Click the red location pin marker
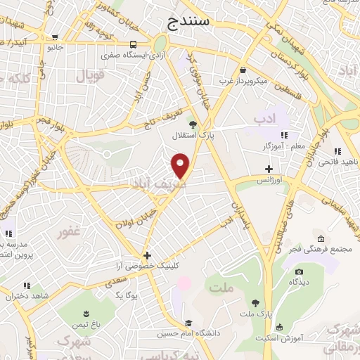click(181, 165)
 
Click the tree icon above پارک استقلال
click(193, 124)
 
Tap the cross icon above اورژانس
click(269, 169)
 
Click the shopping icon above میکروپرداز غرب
click(243, 70)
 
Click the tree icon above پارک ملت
click(255, 303)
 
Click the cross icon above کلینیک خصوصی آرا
click(146, 255)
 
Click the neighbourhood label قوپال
click(89, 74)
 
